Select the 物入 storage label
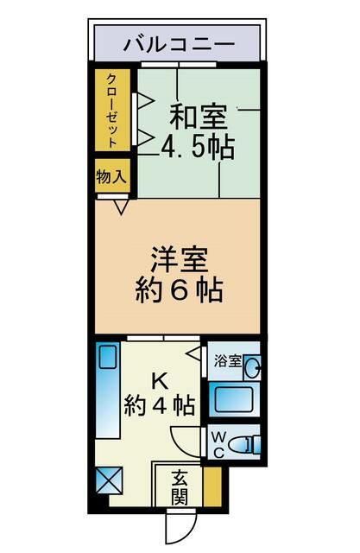tap(112, 176)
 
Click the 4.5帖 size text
tap(198, 146)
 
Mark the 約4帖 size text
tap(158, 404)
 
